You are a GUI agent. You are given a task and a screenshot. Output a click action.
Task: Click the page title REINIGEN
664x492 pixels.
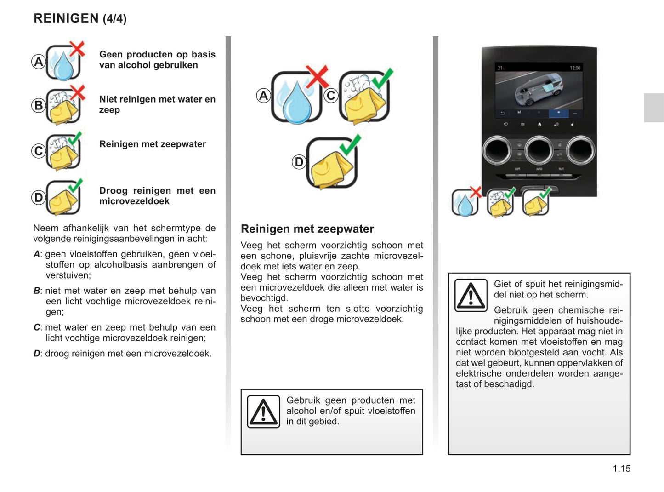click(x=66, y=18)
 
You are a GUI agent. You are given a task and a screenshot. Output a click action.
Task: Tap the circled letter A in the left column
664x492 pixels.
click(x=39, y=61)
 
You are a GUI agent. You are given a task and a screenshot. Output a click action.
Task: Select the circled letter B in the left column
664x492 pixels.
click(x=39, y=105)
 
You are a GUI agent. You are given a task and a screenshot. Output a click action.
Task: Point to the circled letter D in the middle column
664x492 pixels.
click(x=299, y=162)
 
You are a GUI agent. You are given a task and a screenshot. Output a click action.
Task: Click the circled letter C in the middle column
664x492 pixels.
click(x=331, y=96)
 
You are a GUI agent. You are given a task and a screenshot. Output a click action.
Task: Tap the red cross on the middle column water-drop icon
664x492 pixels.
click(x=318, y=76)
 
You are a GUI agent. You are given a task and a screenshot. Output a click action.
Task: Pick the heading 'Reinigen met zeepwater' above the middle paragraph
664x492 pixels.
click(x=307, y=229)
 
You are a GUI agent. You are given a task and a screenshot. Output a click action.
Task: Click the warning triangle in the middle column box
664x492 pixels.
click(x=263, y=412)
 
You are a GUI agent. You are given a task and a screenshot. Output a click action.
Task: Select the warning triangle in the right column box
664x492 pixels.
click(x=471, y=295)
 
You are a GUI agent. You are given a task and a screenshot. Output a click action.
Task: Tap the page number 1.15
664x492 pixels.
click(x=621, y=469)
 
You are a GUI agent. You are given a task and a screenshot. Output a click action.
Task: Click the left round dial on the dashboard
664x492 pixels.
click(x=497, y=150)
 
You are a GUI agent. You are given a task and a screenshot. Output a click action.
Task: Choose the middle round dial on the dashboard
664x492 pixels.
click(x=539, y=150)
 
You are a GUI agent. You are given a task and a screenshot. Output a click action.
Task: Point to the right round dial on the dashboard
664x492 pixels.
click(x=581, y=150)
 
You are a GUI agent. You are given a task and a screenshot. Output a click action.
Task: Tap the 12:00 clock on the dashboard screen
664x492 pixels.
click(x=575, y=68)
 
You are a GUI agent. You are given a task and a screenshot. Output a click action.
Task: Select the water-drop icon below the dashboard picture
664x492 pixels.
click(x=465, y=203)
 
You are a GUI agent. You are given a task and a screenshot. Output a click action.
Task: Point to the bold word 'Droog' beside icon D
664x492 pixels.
click(x=114, y=191)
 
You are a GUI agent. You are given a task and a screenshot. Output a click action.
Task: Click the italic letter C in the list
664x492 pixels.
click(x=37, y=327)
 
